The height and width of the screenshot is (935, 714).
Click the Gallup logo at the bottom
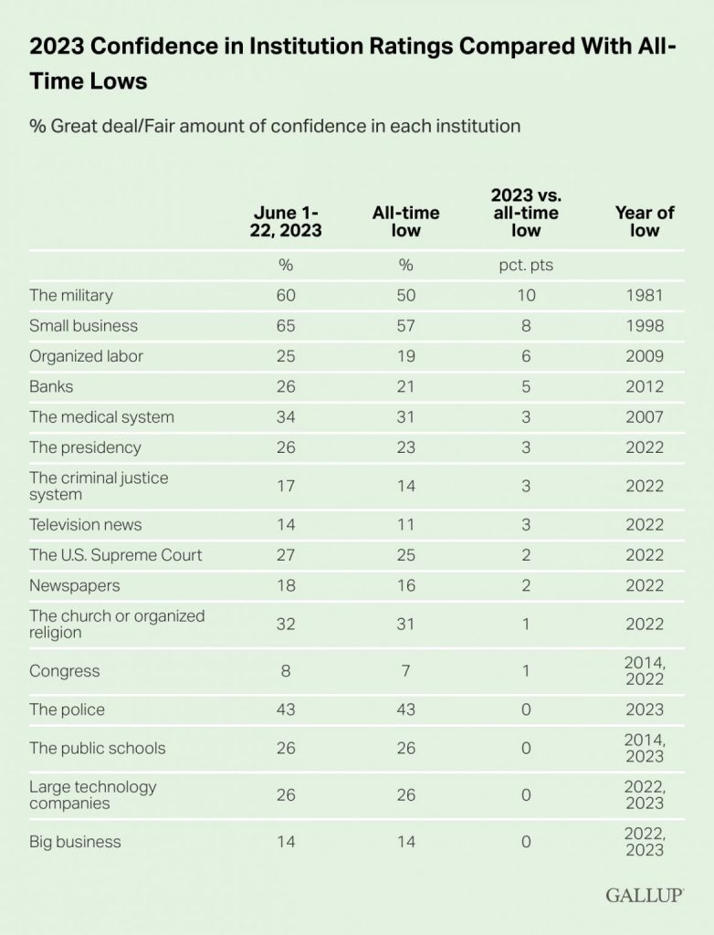[x=645, y=895]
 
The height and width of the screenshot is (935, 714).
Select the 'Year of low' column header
[x=644, y=221]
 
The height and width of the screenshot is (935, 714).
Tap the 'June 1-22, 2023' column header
[x=285, y=221]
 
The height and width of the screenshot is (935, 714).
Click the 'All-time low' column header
[x=405, y=221]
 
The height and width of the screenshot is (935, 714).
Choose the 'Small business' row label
[x=83, y=325]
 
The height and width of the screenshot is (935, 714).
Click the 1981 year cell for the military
[x=644, y=295]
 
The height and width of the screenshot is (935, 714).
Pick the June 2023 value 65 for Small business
[x=285, y=325]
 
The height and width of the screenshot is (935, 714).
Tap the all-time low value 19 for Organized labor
[x=405, y=356]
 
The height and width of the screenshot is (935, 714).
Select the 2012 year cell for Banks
[x=644, y=386]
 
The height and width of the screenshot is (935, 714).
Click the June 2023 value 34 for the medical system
[x=285, y=416]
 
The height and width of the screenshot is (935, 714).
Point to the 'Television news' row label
[x=85, y=524]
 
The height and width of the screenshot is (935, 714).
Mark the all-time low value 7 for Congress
[x=405, y=671]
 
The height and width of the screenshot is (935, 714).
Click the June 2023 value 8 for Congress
[x=285, y=671]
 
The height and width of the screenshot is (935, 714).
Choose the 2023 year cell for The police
[x=644, y=709]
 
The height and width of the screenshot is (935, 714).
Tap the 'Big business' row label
[x=75, y=841]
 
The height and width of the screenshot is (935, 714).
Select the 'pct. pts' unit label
[x=525, y=265]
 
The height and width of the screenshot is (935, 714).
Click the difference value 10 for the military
[x=525, y=295]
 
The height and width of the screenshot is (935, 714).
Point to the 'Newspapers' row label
[x=74, y=585]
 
